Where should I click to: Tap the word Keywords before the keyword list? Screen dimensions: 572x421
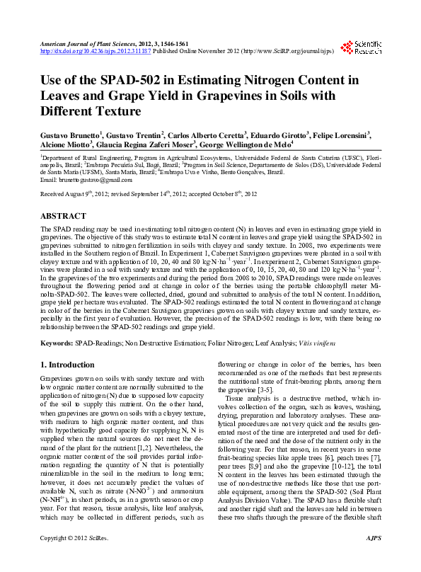57,343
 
